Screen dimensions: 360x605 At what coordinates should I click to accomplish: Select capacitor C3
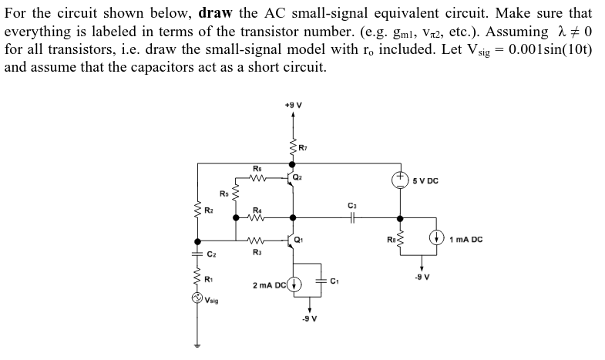(x=351, y=218)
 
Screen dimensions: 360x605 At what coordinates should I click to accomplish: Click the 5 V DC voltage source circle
(x=399, y=180)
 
